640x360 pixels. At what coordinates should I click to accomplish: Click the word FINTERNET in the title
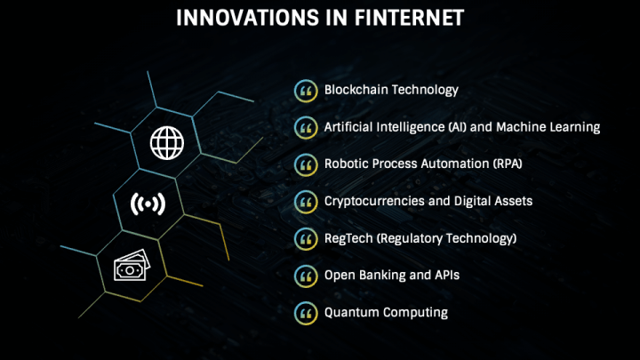tap(409, 18)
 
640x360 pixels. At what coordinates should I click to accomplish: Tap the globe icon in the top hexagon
tap(167, 142)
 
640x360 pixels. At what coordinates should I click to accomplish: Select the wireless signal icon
tap(148, 204)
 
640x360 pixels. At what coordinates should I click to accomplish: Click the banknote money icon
tap(132, 265)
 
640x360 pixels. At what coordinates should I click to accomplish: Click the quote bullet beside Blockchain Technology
tap(306, 91)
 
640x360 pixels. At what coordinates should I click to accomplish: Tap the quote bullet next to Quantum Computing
tap(306, 313)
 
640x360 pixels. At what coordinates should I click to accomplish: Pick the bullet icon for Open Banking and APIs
tap(306, 276)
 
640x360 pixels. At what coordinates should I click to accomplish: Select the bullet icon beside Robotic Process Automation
tap(306, 165)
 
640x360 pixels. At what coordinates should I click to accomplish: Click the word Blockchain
tap(355, 90)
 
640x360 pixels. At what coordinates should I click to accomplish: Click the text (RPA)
tap(508, 164)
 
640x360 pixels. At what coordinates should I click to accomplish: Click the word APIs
tap(447, 275)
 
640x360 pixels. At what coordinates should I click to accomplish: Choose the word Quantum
tap(351, 312)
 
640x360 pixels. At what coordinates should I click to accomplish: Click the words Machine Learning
tap(548, 127)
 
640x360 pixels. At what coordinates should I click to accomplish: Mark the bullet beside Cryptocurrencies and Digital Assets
tap(306, 202)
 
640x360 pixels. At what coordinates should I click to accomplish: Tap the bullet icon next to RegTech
tap(306, 239)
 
